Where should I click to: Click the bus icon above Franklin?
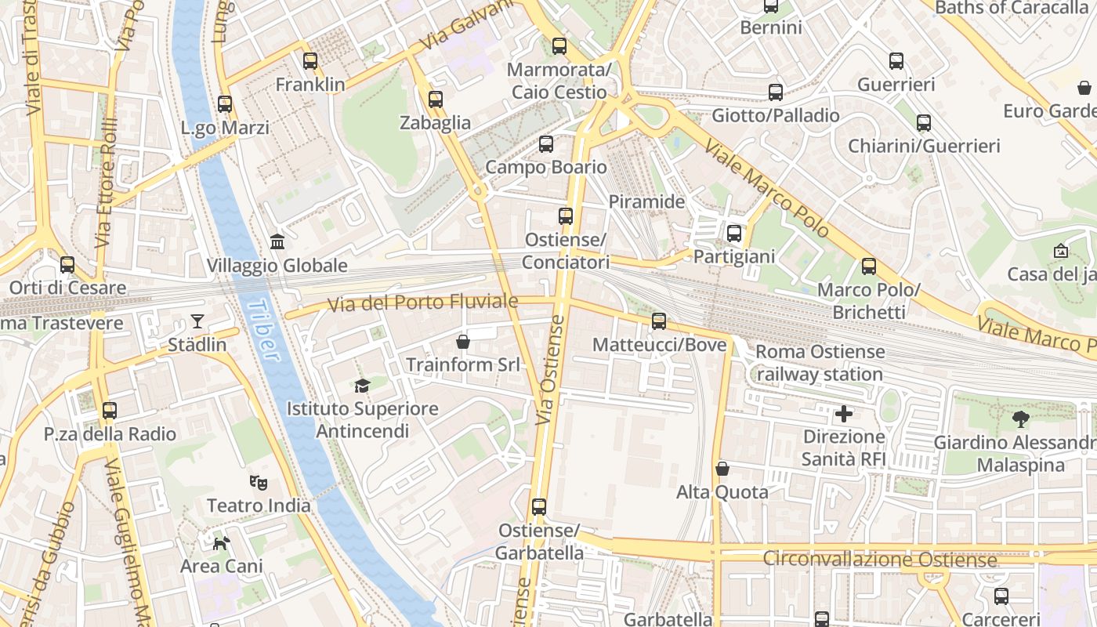[x=310, y=60]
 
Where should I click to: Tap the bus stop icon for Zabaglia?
[x=436, y=100]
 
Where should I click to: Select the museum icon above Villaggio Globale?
[x=277, y=241]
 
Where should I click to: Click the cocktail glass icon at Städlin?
[x=197, y=321]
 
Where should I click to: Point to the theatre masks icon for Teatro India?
[x=258, y=482]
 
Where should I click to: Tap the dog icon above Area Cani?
[x=222, y=542]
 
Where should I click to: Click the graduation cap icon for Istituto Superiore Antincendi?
[x=362, y=386]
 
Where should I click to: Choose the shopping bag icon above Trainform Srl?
[x=463, y=342]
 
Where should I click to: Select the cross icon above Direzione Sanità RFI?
[x=844, y=413]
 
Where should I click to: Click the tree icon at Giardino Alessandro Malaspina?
[x=1020, y=419]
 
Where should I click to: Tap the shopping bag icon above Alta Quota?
[x=722, y=469]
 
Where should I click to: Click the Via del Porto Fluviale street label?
[x=423, y=303]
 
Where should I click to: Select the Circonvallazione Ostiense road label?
[x=879, y=560]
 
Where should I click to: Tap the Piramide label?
[x=646, y=201]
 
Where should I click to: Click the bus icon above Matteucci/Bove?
[x=659, y=321]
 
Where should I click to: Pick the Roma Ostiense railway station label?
[x=820, y=363]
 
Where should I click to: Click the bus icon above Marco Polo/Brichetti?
[x=869, y=266]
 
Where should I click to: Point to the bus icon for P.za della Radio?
[x=110, y=410]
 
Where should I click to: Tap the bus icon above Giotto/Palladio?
[x=776, y=92]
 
